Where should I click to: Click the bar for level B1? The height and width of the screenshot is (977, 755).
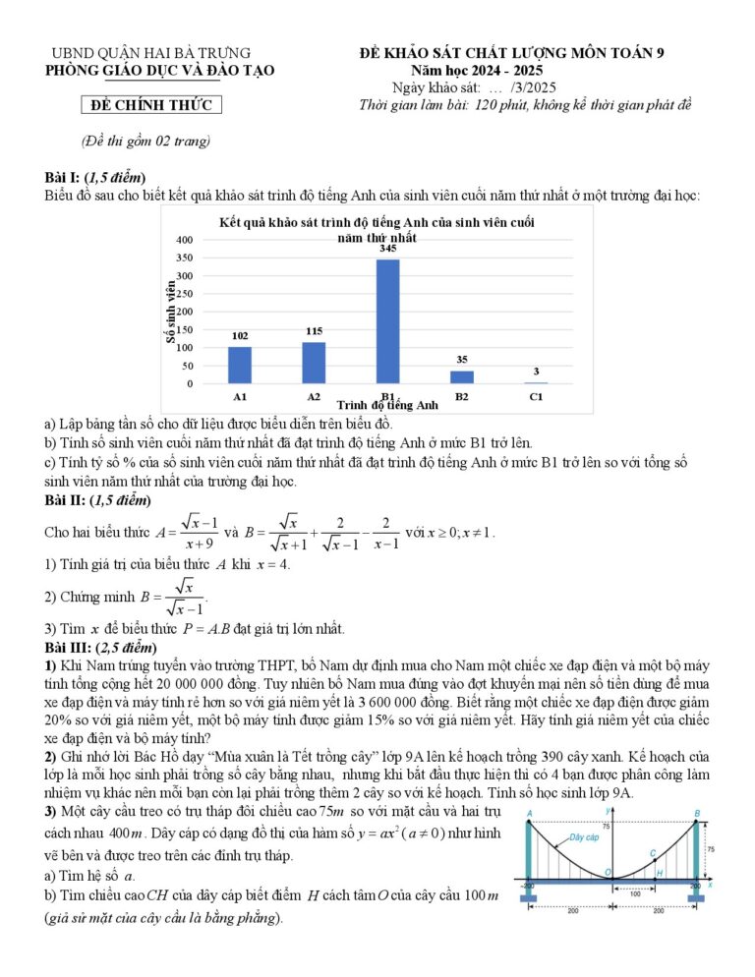(x=388, y=320)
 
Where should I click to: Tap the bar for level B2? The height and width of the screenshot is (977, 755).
(x=462, y=376)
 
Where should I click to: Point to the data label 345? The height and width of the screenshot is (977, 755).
(x=388, y=250)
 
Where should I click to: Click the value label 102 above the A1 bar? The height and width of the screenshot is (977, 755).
(x=240, y=336)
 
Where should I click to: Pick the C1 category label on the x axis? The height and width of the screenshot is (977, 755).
(x=536, y=396)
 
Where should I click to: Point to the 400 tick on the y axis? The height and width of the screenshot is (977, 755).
(x=185, y=240)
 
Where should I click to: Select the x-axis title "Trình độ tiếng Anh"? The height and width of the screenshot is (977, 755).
(x=387, y=405)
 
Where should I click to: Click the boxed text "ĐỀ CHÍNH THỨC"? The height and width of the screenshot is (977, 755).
(x=151, y=106)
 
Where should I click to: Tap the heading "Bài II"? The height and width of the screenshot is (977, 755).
(x=64, y=501)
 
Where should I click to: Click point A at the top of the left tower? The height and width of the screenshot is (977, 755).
(x=529, y=814)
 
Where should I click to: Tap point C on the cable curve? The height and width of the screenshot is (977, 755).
(x=653, y=853)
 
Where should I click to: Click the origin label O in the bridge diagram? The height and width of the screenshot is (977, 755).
(x=609, y=873)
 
